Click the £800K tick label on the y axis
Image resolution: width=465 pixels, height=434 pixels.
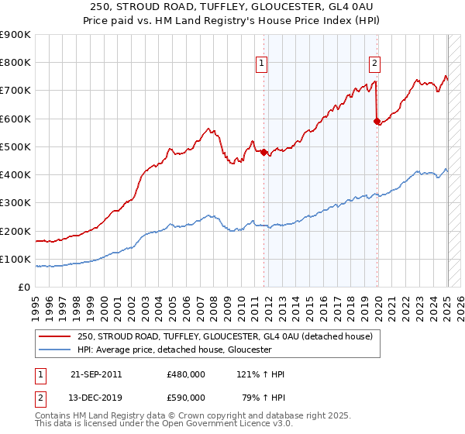coord(15,63)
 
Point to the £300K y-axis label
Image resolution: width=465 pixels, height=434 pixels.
coord(15,203)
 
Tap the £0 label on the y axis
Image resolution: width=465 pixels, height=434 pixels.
coord(24,288)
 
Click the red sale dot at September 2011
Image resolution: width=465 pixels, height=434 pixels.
coord(263,152)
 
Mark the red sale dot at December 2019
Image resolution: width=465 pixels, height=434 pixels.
coord(377,121)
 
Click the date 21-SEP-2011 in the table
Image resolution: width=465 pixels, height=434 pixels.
coord(95,374)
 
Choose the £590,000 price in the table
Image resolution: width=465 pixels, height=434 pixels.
coord(186,398)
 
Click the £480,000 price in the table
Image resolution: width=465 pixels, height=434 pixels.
coord(186,374)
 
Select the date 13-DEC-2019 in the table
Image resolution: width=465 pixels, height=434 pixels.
coord(95,398)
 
